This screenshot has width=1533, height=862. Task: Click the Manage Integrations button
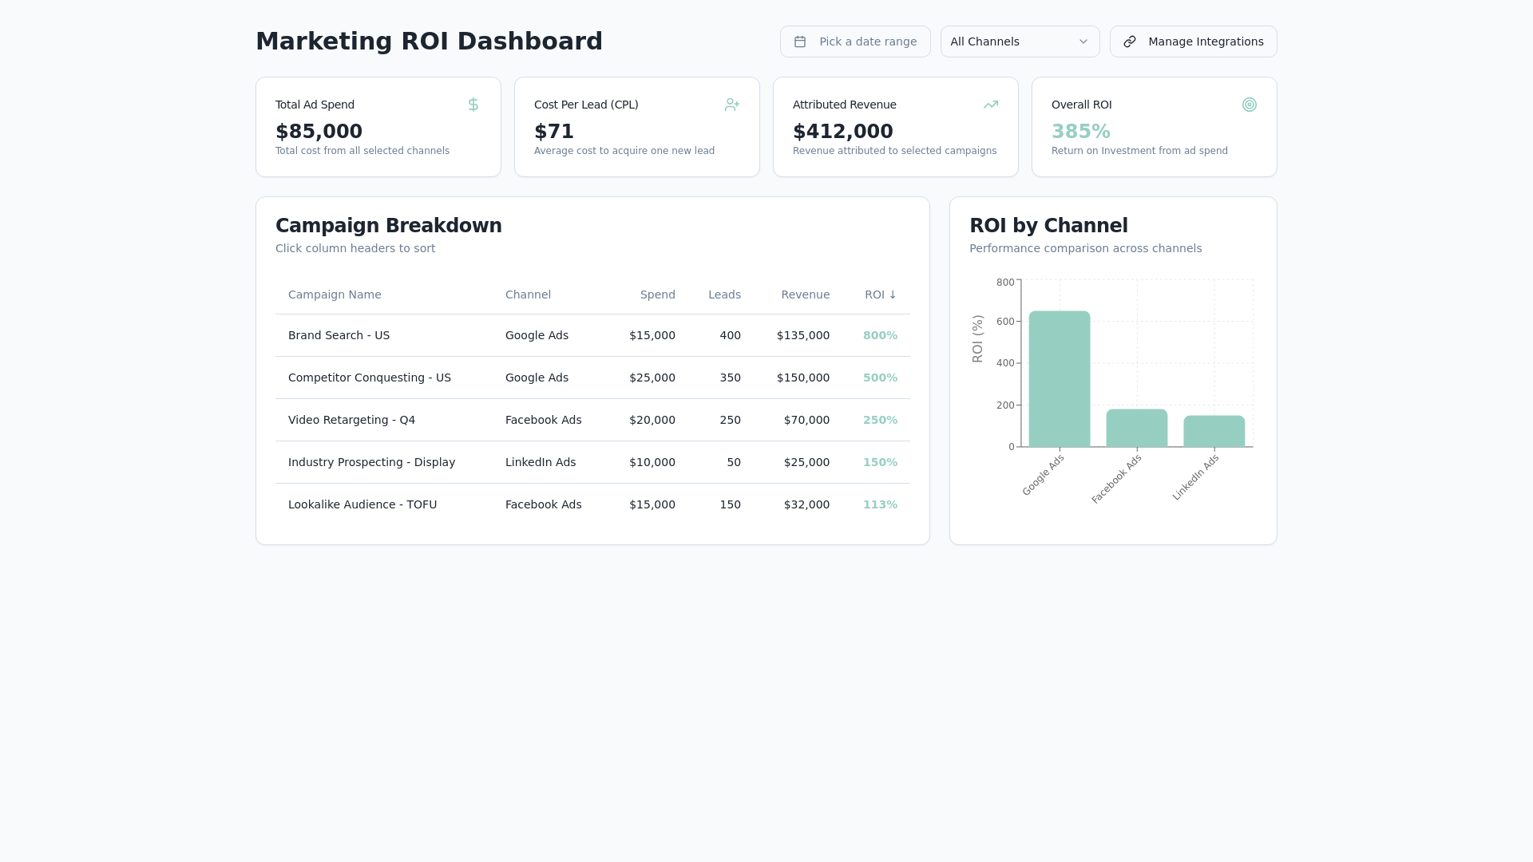pos(1193,42)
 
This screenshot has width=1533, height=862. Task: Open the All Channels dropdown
pos(1020,42)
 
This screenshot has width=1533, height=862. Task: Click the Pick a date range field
pos(855,42)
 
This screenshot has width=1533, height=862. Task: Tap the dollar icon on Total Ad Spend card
pos(473,105)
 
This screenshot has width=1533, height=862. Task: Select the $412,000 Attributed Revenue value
pos(843,131)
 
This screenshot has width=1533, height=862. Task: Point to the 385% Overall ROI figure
pos(1081,131)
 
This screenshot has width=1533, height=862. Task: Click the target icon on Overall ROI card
pos(1250,105)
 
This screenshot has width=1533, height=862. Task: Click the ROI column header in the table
pos(881,295)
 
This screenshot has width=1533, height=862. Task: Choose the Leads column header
pos(724,295)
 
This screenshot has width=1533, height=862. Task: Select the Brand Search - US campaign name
pos(339,335)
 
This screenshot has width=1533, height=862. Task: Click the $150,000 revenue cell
pos(803,378)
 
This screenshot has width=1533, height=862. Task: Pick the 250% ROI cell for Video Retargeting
pos(880,420)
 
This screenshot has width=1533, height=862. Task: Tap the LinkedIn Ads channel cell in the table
pos(541,462)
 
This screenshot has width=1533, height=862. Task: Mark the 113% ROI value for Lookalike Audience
pos(880,504)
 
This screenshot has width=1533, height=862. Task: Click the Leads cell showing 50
pos(734,462)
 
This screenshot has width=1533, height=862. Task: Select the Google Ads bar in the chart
pos(1060,379)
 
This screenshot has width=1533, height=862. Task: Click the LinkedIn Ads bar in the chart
pos(1214,431)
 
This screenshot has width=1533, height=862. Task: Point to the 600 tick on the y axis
pos(1005,322)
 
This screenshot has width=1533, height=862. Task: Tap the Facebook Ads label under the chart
pos(1116,479)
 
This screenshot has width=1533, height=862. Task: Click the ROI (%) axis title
pos(977,339)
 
